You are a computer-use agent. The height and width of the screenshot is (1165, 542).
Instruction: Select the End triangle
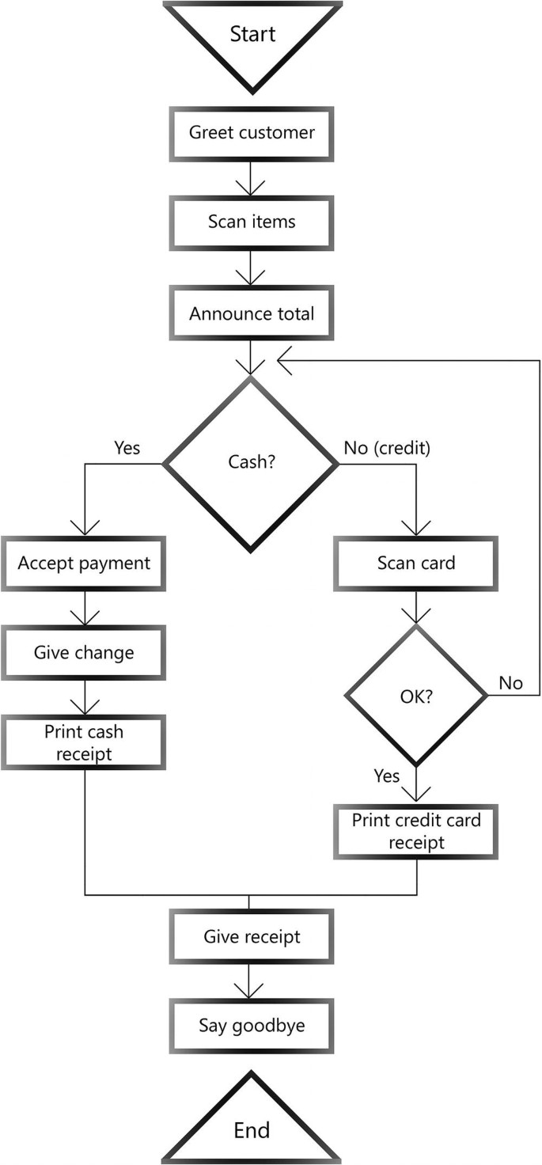[252, 1124]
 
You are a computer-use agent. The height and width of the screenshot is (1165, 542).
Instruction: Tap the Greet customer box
[252, 132]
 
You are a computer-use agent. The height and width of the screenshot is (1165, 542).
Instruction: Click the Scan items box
[252, 222]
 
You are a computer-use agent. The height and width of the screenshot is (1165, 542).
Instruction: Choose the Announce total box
[252, 313]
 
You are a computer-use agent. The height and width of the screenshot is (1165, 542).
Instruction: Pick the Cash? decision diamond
[252, 463]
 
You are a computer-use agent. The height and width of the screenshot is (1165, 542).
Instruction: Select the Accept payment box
[83, 564]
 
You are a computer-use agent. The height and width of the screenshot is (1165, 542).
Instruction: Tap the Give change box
[83, 653]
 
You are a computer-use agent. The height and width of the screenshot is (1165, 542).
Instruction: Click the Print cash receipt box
[83, 743]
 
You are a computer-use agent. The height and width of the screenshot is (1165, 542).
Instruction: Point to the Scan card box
[416, 564]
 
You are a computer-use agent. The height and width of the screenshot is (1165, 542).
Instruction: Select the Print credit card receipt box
[416, 832]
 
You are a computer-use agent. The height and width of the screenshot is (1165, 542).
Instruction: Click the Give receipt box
[252, 937]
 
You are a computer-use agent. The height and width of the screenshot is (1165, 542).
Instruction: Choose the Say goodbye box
[252, 1026]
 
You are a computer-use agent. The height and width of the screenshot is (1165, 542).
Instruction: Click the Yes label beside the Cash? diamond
[127, 448]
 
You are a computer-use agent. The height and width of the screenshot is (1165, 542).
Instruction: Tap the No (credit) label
[387, 448]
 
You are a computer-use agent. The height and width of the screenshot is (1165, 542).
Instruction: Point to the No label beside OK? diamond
[511, 682]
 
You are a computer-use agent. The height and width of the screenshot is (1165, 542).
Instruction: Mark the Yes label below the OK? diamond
[386, 776]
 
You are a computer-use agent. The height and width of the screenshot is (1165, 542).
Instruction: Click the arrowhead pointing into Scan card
[416, 528]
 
